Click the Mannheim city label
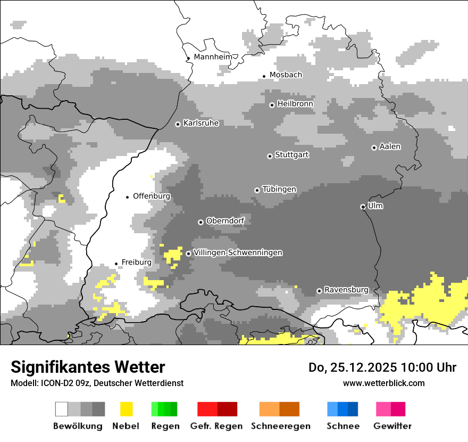click(x=213, y=57)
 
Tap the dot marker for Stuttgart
click(x=270, y=156)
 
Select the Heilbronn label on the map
click(x=295, y=104)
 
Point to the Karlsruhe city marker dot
click(x=178, y=124)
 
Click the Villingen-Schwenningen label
click(x=238, y=253)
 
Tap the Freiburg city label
click(x=136, y=263)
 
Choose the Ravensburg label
click(x=346, y=290)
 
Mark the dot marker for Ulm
click(x=363, y=207)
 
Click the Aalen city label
click(x=390, y=146)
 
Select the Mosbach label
click(x=286, y=75)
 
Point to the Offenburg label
click(x=152, y=196)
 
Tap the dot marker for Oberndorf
click(x=200, y=222)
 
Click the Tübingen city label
click(x=279, y=190)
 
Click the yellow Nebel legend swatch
click(x=126, y=409)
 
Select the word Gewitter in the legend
click(x=392, y=426)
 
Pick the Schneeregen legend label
click(x=281, y=426)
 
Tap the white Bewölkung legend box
click(x=62, y=409)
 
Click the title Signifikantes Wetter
click(x=88, y=367)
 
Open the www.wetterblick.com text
click(x=383, y=383)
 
